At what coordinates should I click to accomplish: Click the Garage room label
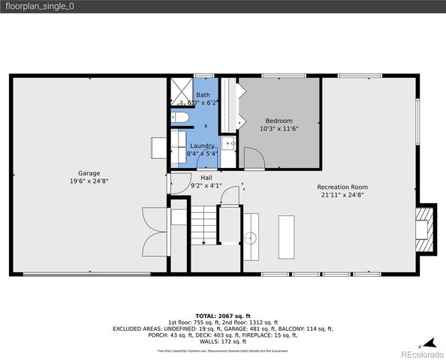point(89,173)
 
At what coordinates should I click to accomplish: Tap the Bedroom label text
point(279,121)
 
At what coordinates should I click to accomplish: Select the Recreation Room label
point(342,186)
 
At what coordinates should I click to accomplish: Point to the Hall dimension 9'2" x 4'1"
point(206,185)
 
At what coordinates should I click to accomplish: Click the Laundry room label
point(203,145)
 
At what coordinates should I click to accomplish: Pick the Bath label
point(203,95)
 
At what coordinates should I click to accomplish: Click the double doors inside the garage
point(155,230)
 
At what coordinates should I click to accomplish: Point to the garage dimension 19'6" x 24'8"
point(89,181)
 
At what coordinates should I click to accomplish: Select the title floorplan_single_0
point(41,6)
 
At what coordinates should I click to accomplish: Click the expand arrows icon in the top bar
point(434,7)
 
